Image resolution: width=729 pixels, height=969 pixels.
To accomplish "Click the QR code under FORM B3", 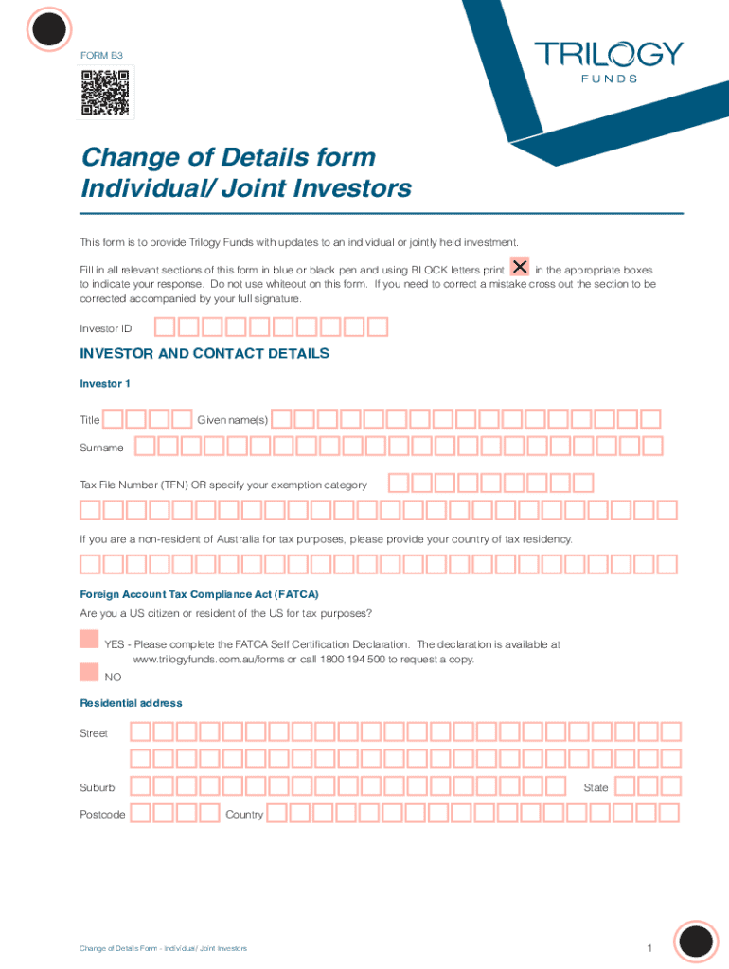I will click(x=104, y=93).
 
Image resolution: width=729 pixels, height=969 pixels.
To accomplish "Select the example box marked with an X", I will click(x=520, y=268).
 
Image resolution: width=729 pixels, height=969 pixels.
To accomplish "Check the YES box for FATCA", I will click(x=89, y=639).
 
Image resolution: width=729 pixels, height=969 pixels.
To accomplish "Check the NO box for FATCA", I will click(x=89, y=672).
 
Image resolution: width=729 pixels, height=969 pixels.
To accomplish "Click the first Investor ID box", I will click(x=165, y=327).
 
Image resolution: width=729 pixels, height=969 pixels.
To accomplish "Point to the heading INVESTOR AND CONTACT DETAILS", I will click(x=204, y=353).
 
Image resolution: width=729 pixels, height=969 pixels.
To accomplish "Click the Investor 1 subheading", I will click(x=104, y=384).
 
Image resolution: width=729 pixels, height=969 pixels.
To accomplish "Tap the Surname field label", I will click(x=101, y=447).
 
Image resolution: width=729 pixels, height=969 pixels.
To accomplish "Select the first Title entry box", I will click(x=114, y=418).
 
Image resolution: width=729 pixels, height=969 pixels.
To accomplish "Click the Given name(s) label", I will click(x=232, y=419).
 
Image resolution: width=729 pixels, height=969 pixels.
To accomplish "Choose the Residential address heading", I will click(x=131, y=703).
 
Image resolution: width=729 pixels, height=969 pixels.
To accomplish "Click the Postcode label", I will click(x=102, y=814).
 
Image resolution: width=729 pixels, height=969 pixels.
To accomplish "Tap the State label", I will click(x=596, y=787).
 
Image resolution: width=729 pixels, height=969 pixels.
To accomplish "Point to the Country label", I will click(x=244, y=814).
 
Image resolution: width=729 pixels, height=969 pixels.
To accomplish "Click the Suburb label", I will click(x=98, y=787).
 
